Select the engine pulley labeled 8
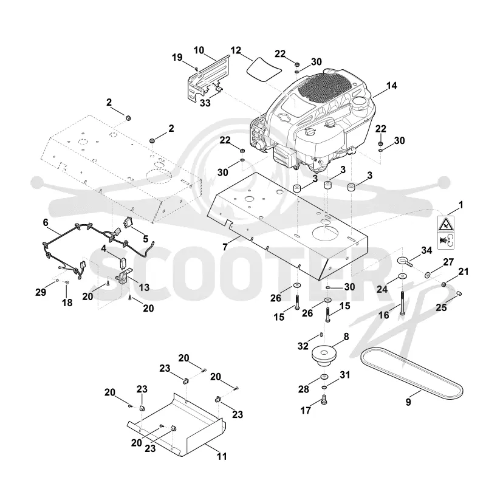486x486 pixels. tap(324, 357)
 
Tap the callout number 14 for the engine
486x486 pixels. tap(391, 86)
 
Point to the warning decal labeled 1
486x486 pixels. tap(446, 233)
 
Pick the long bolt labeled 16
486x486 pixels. tap(402, 303)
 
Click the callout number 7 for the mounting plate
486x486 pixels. tap(225, 247)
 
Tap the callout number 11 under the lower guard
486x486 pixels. tap(222, 456)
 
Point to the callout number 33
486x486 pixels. tap(205, 103)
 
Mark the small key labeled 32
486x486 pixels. tap(321, 335)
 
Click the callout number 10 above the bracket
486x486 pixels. tap(199, 50)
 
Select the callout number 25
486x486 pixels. tap(442, 307)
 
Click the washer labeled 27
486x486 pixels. tap(428, 275)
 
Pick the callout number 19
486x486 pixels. tap(177, 57)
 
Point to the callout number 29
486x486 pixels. tap(41, 292)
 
